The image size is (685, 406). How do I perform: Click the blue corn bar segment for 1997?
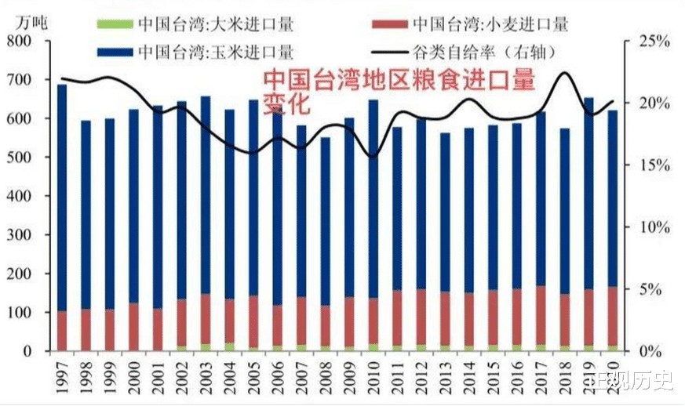(63, 196)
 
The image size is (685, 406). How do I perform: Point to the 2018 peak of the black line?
(564, 73)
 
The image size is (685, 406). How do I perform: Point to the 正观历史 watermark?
(637, 382)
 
